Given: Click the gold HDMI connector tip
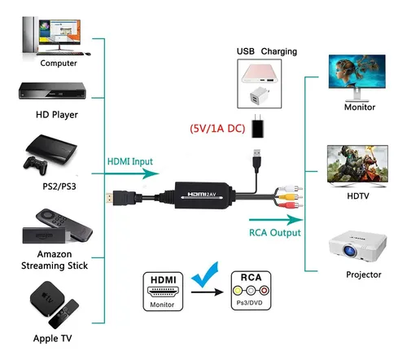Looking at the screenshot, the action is tap(109, 199).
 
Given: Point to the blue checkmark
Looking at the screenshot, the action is tap(204, 275).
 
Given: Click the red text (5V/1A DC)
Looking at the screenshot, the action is tap(217, 129).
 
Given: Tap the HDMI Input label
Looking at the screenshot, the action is tap(130, 161).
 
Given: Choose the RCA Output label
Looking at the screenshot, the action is tap(275, 233).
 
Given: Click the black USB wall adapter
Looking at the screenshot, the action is tap(257, 126).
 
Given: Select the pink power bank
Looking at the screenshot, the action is tap(260, 73).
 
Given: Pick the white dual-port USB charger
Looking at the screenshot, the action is tap(259, 96).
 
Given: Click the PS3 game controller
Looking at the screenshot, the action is tap(36, 165).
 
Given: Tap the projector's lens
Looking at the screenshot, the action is tap(350, 251).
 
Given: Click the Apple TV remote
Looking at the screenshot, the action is tap(63, 314).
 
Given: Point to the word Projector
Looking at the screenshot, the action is tap(364, 274).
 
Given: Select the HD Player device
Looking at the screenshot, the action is tap(52, 90).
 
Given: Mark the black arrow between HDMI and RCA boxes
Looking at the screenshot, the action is tap(208, 292).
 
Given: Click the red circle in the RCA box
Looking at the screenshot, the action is tap(265, 291).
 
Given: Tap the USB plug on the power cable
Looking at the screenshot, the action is tap(256, 160).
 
